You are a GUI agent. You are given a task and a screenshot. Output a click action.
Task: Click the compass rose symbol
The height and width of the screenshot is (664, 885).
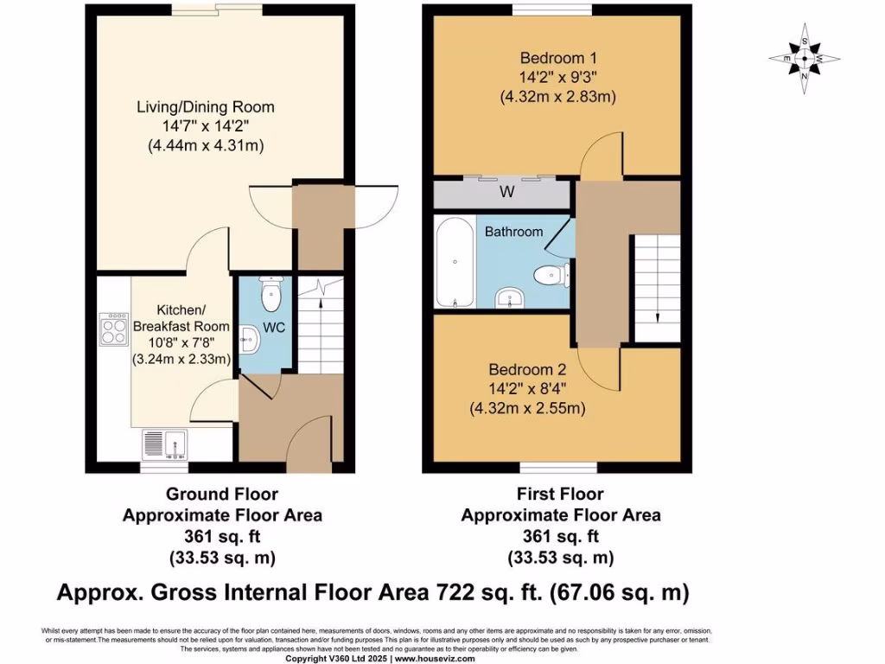pyautogui.click(x=805, y=58)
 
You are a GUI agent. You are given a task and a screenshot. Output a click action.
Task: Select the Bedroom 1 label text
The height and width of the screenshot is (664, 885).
pyautogui.click(x=552, y=58)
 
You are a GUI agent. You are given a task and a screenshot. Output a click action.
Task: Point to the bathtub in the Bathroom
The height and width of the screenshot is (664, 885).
pyautogui.click(x=455, y=263)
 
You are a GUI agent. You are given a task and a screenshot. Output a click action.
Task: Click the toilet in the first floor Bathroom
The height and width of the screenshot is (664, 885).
pyautogui.click(x=551, y=276)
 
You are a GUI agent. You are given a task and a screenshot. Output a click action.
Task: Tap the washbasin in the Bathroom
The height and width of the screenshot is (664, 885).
pyautogui.click(x=511, y=297)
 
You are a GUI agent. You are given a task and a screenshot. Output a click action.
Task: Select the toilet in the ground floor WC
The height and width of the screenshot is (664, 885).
pyautogui.click(x=271, y=295)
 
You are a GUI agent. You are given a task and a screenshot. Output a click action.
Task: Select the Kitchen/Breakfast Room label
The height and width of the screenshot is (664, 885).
pyautogui.click(x=181, y=318)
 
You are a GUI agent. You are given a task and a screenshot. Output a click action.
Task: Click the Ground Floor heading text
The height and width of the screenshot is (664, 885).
pyautogui.click(x=222, y=495)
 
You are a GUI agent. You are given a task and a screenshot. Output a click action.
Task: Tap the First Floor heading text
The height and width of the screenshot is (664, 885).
pyautogui.click(x=560, y=495)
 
